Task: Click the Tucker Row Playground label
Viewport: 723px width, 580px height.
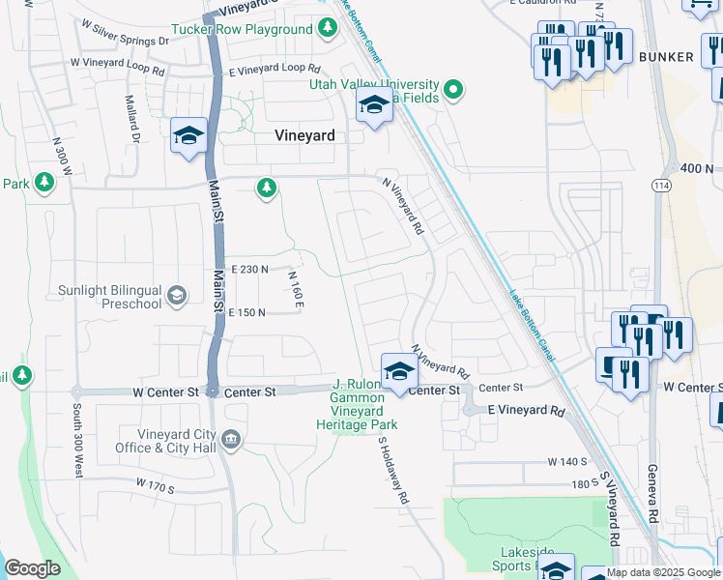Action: [242, 29]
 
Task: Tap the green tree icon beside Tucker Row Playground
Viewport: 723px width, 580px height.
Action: [328, 28]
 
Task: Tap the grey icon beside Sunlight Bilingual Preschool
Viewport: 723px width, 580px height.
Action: [177, 295]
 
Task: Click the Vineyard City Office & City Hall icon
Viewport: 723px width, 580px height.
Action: [231, 441]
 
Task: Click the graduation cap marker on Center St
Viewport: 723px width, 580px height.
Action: [398, 370]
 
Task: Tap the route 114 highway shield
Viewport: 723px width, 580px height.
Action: [661, 184]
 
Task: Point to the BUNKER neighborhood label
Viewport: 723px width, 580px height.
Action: [666, 57]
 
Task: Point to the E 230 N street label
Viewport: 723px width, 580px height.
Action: [249, 270]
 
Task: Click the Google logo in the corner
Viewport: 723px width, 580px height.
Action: [33, 568]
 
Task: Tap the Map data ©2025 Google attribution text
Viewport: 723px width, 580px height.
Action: [663, 572]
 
